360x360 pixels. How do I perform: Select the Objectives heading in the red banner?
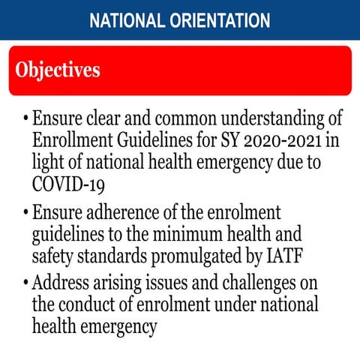[57, 70]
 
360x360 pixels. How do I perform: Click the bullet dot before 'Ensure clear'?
[26, 120]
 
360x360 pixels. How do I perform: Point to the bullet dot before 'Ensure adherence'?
[26, 213]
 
